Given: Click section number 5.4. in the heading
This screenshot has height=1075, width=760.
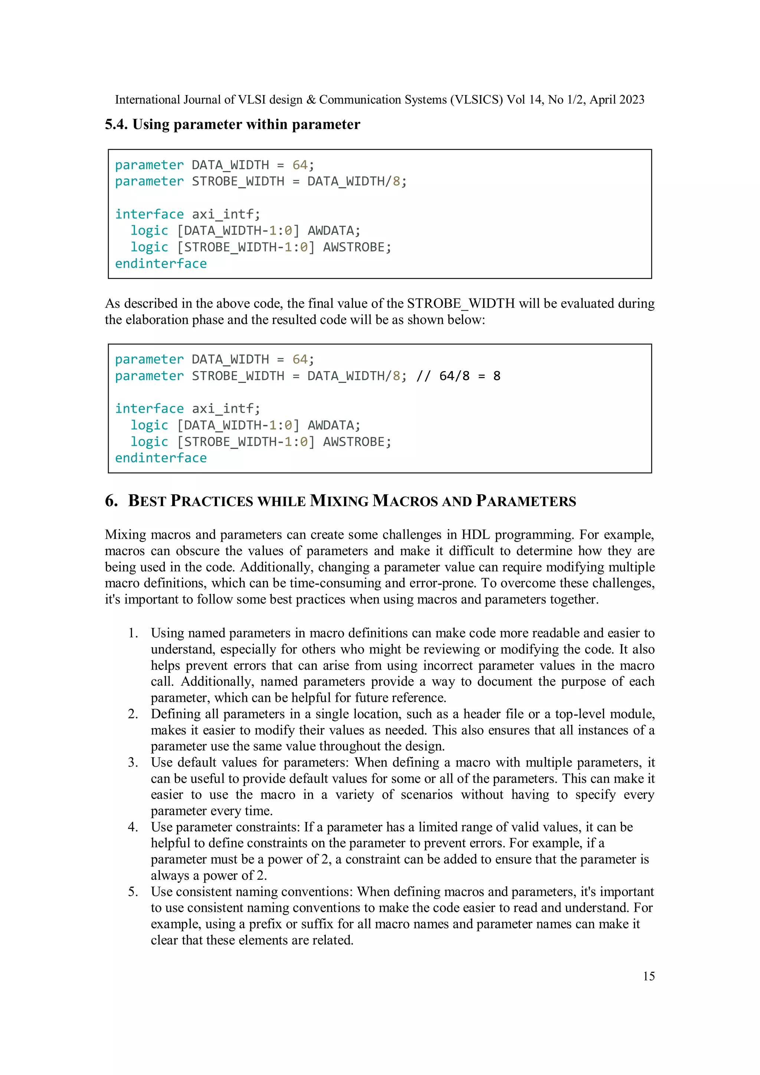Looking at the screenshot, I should click(116, 125).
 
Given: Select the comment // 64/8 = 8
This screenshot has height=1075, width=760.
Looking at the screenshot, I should click(458, 376).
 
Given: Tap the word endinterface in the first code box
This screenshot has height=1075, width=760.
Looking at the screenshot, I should click(161, 263).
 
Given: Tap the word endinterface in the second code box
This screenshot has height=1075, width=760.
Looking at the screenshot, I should click(161, 458).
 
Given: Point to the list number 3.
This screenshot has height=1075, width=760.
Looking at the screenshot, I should click(133, 762).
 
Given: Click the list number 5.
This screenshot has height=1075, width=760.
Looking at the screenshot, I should click(133, 891).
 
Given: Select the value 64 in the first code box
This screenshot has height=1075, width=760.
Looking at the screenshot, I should click(300, 165).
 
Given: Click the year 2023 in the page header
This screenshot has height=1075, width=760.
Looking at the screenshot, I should click(630, 100).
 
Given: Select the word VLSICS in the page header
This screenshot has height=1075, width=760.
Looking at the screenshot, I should click(476, 100).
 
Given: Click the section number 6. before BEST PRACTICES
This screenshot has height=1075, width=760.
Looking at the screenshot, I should click(111, 501).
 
